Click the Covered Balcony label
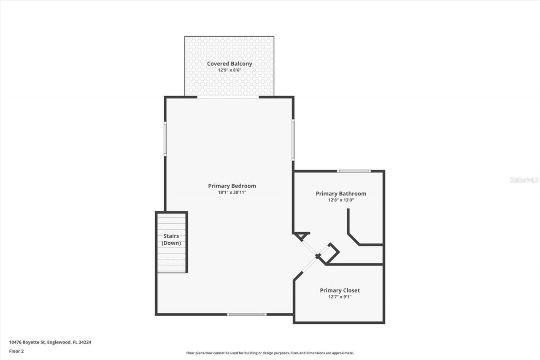(229, 64)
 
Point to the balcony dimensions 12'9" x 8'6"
(229, 70)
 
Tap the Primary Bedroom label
(232, 186)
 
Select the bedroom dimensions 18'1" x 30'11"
(232, 192)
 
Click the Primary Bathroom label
(341, 194)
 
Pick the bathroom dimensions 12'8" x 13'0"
(341, 200)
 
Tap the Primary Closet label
(340, 290)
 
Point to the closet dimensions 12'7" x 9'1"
(340, 297)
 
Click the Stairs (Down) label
(171, 239)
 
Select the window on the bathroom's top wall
(354, 171)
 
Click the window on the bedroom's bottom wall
(247, 314)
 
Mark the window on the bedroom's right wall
(293, 140)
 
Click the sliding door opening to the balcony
(228, 97)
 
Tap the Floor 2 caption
(16, 351)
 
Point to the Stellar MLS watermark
(524, 180)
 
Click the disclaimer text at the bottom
(270, 353)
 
